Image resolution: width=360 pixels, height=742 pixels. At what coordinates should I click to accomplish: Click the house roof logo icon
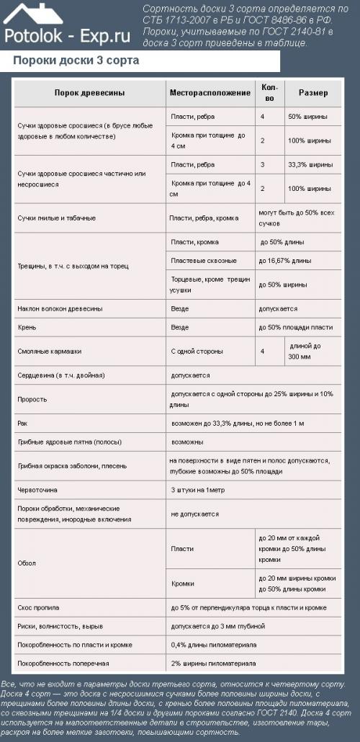click(33, 14)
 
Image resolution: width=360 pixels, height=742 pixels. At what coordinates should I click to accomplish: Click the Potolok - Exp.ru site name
click(66, 35)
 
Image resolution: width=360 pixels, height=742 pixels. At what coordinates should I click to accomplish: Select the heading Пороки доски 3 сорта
click(76, 61)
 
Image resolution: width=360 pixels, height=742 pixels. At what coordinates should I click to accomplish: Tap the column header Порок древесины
click(89, 93)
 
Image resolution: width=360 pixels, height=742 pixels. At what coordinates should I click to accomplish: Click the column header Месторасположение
click(209, 93)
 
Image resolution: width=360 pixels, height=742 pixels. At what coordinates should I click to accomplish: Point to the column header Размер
click(313, 93)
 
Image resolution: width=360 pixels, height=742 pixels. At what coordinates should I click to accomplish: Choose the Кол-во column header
click(269, 93)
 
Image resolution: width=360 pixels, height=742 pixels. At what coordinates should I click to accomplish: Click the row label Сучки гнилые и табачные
click(57, 217)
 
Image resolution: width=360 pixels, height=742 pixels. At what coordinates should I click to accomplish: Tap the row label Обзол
click(27, 563)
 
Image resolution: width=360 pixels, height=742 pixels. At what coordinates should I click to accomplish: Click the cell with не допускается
click(194, 514)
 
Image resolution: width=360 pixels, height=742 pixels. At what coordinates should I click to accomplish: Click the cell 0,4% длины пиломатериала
click(214, 644)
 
